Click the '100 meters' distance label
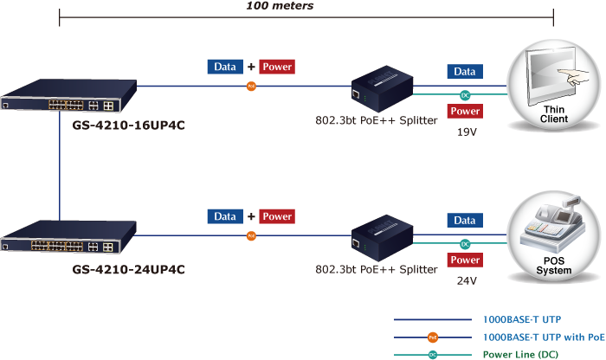280,6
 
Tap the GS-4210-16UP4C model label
128,124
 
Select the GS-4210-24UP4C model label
128,269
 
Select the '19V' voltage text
467,134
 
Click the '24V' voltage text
467,280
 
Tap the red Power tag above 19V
465,111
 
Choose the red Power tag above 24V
465,260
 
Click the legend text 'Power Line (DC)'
523,354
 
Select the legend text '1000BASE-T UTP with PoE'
544,337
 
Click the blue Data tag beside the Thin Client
465,72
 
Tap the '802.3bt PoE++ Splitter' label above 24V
376,269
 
